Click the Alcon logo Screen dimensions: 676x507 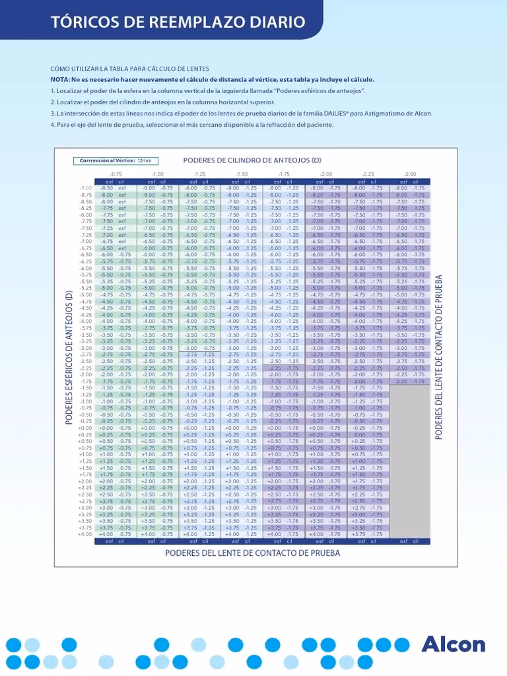(453, 645)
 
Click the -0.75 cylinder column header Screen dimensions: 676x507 (116, 174)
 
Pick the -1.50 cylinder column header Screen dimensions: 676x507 (242, 174)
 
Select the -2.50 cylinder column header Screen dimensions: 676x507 (409, 174)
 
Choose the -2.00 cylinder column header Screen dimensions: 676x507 (325, 174)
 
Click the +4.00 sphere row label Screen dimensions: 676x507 (85, 534)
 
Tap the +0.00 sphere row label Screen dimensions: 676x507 (85, 428)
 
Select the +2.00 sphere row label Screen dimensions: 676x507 (85, 481)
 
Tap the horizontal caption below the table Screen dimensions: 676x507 (252, 553)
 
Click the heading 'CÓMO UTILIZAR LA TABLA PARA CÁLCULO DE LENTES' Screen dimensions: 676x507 (130, 69)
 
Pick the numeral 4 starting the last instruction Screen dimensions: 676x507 (53, 125)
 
